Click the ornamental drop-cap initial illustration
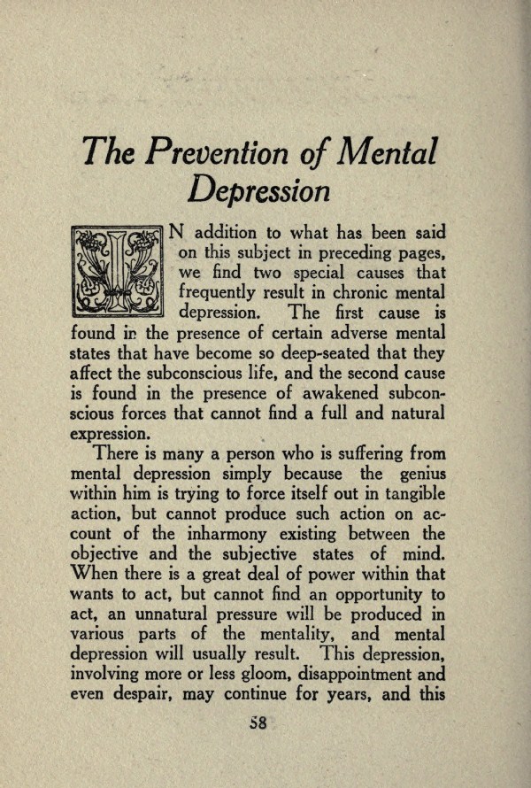pos(118,272)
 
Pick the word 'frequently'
pos(221,293)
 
